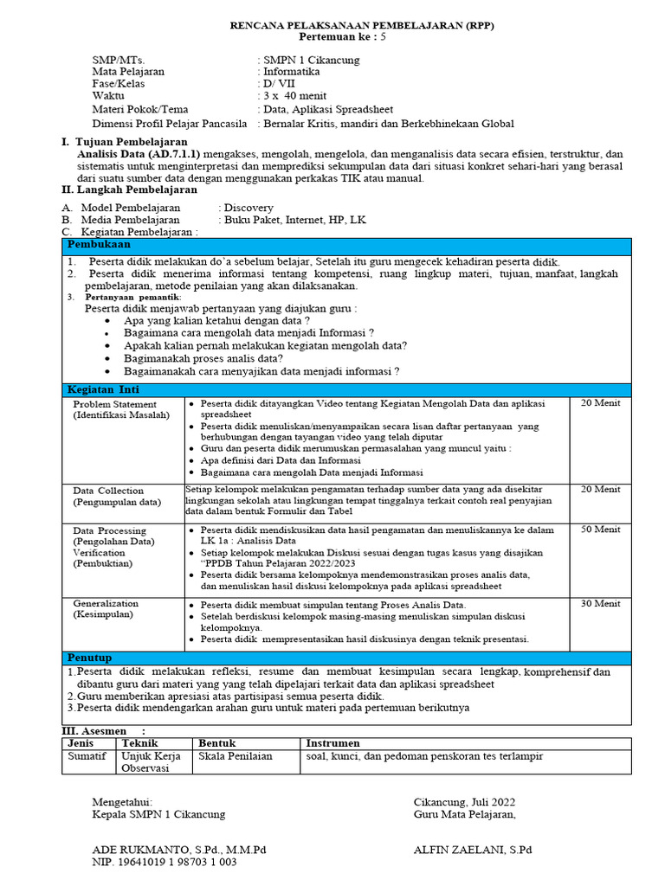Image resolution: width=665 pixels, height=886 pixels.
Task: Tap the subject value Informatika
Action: point(294,72)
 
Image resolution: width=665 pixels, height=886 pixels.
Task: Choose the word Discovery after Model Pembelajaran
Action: point(249,208)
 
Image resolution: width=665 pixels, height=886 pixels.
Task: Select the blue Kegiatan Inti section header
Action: point(104,389)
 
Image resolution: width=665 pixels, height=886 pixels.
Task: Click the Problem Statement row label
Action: point(116,404)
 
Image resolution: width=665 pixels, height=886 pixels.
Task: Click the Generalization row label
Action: point(107,603)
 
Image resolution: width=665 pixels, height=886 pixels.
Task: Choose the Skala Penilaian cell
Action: point(236,756)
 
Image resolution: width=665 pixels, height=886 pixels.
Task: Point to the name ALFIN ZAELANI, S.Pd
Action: point(471,850)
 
